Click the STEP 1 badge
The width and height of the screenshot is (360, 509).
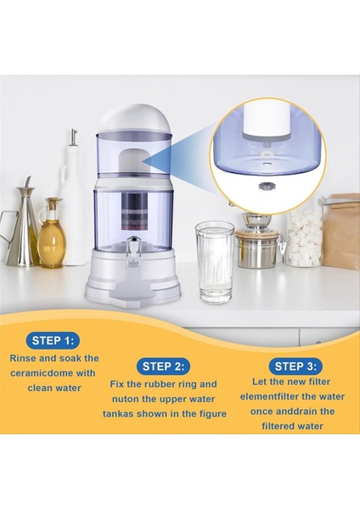[53, 340]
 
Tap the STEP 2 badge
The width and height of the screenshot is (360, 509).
[163, 366]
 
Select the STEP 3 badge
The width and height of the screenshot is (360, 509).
[295, 366]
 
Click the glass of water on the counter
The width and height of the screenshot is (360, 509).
[215, 261]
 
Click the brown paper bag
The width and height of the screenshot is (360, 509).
[340, 231]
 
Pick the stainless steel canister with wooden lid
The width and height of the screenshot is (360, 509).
[256, 245]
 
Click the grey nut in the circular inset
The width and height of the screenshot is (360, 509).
[264, 187]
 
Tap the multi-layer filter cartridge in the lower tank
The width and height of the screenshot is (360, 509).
[134, 211]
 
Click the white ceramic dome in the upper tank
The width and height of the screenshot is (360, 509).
[133, 160]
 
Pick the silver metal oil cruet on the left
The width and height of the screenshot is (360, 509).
[21, 227]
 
